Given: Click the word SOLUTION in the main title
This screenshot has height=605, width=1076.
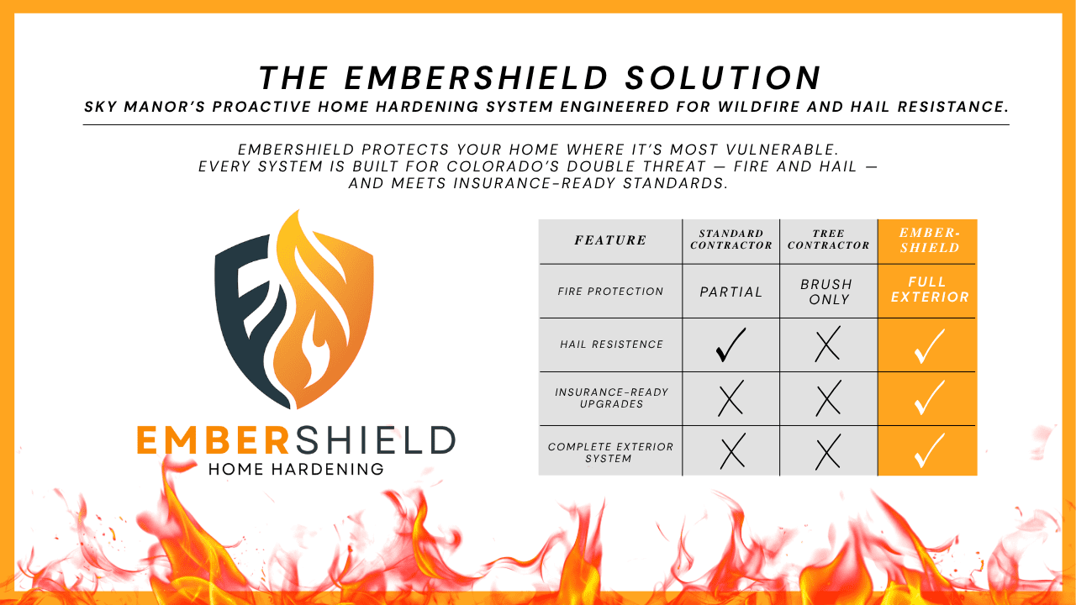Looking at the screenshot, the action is point(724,78).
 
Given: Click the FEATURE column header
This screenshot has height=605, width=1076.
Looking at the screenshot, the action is point(610,240).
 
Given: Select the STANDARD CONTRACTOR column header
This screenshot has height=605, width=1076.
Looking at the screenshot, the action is point(731,239).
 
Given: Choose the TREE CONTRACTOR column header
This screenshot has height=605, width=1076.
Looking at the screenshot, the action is point(829,239).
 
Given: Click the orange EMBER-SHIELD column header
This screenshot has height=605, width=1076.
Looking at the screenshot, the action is point(930,240).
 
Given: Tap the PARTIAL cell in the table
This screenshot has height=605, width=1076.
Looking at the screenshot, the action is point(731,292).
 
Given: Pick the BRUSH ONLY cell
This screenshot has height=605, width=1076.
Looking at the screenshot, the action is point(827,292).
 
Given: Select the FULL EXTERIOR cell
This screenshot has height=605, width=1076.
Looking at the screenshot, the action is point(930,289).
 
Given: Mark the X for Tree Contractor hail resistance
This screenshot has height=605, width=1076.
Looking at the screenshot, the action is point(828,344).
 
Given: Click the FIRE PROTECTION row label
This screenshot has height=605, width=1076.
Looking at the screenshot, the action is point(610,292).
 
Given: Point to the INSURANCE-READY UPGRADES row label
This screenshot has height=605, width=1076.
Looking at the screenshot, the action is point(611,398).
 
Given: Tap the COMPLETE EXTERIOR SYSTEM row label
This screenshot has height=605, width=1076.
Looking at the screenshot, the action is point(610,452).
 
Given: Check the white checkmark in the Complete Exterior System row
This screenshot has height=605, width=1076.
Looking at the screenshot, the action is point(930,451).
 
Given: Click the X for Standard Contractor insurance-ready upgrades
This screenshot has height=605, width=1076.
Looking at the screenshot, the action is point(731,398).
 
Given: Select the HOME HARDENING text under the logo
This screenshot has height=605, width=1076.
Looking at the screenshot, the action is point(296,469).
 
